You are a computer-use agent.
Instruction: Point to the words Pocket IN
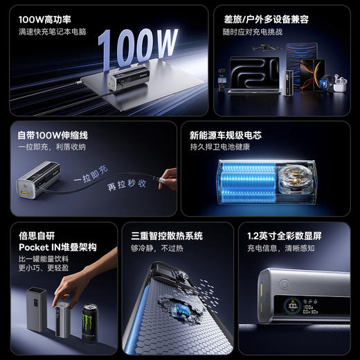(39, 247)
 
